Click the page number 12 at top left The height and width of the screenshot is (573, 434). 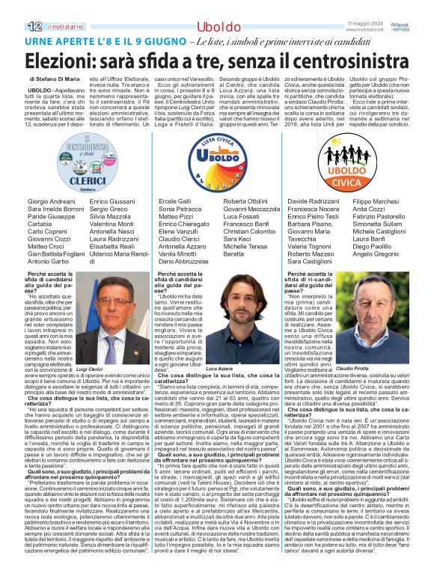(x=13, y=26)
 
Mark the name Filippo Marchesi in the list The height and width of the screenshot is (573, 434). (x=376, y=202)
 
